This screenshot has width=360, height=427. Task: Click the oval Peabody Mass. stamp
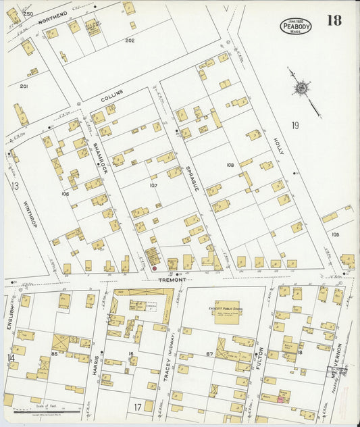(296, 26)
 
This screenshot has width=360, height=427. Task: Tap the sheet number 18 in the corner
(334, 20)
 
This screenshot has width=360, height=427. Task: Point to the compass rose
(301, 88)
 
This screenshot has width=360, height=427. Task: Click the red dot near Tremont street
(154, 268)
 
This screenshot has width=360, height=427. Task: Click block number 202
(130, 41)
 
